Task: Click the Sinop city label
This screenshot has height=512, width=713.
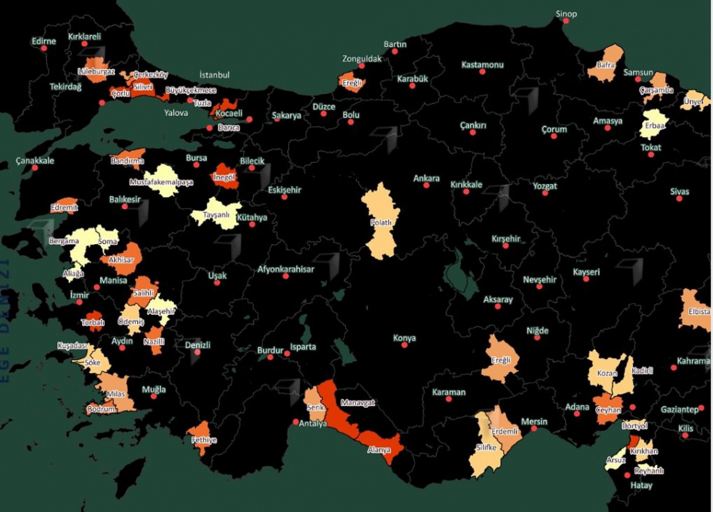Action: point(566,14)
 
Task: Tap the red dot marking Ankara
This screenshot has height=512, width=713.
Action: point(426,185)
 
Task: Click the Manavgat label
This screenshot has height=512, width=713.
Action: point(358,403)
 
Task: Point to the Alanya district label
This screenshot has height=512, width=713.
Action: point(379,450)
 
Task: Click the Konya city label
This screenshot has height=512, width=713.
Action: point(404,338)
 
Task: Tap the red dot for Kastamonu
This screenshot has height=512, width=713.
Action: point(482,72)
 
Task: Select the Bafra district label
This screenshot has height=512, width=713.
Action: point(605,65)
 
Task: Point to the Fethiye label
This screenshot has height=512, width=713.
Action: point(204,440)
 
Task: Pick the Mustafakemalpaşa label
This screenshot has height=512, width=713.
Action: point(161,182)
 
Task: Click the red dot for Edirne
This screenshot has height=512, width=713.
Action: point(44,48)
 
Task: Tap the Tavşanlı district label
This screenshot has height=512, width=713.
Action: point(216,215)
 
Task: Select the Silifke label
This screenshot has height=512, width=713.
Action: point(486,448)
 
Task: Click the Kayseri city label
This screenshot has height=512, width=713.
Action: point(586,272)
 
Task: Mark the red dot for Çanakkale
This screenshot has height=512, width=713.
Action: point(35,168)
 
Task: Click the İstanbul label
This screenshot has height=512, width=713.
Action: point(214,75)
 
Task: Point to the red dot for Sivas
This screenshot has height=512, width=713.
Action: point(679,199)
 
